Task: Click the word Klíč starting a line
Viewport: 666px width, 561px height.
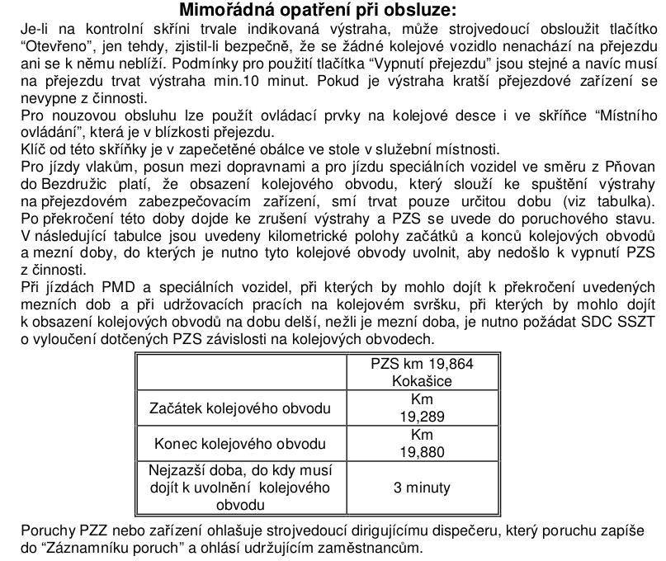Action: click(x=32, y=149)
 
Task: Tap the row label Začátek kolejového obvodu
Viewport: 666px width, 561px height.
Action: click(x=239, y=408)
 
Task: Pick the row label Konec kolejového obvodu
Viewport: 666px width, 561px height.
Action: click(x=239, y=444)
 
